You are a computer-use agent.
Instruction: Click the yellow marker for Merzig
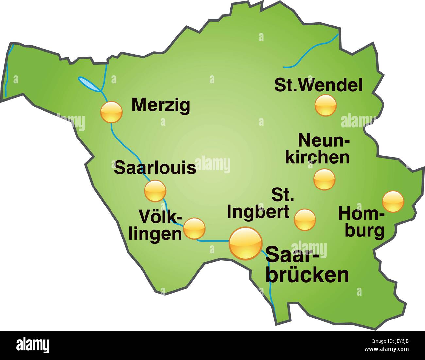pos(111,112)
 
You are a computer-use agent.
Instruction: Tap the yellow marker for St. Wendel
pos(326,105)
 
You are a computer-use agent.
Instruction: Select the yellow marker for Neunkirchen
pos(324,179)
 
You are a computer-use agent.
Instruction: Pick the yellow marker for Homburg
pos(393,202)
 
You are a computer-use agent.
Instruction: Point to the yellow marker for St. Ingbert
pos(305,219)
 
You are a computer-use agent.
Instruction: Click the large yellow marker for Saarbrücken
pos(246,243)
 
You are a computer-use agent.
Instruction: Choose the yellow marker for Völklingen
pos(195,228)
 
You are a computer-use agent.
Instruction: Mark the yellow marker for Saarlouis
pos(155,190)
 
